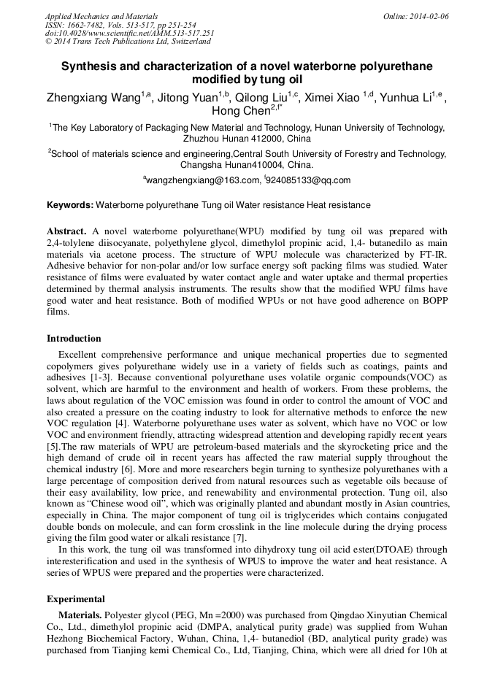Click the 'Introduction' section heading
pyautogui.click(x=74, y=339)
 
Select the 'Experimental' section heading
pyautogui.click(x=76, y=599)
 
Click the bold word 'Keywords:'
pyautogui.click(x=70, y=205)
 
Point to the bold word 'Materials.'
pyautogui.click(x=80, y=615)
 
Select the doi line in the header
pyautogui.click(x=129, y=33)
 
